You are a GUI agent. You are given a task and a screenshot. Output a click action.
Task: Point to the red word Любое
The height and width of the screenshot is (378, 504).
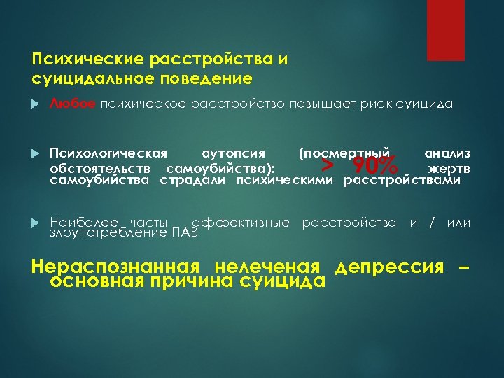pos(73,104)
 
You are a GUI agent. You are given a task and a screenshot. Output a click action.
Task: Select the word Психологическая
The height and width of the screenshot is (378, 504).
pos(108,153)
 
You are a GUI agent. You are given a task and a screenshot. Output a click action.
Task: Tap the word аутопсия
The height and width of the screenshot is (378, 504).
pos(233,153)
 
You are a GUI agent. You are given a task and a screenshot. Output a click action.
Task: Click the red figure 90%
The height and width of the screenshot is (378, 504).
pos(375,167)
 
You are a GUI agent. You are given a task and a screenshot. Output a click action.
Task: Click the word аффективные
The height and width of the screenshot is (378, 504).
pos(241,223)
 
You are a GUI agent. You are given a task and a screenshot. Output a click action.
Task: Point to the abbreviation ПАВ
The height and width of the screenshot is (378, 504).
pos(185,232)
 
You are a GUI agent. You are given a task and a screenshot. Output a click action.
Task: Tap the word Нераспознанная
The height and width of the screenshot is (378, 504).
pos(114,267)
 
